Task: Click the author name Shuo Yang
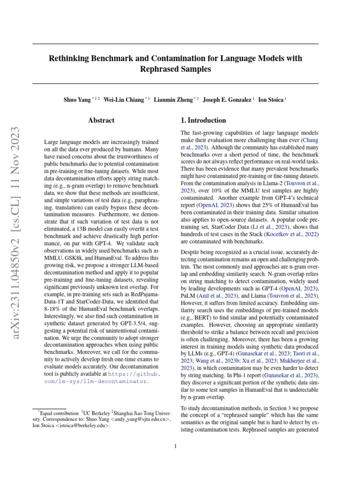[x=77, y=100]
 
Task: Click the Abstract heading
[x=101, y=120]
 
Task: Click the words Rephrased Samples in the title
[x=175, y=69]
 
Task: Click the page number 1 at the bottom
[x=175, y=446]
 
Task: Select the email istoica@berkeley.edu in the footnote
[x=88, y=426]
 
